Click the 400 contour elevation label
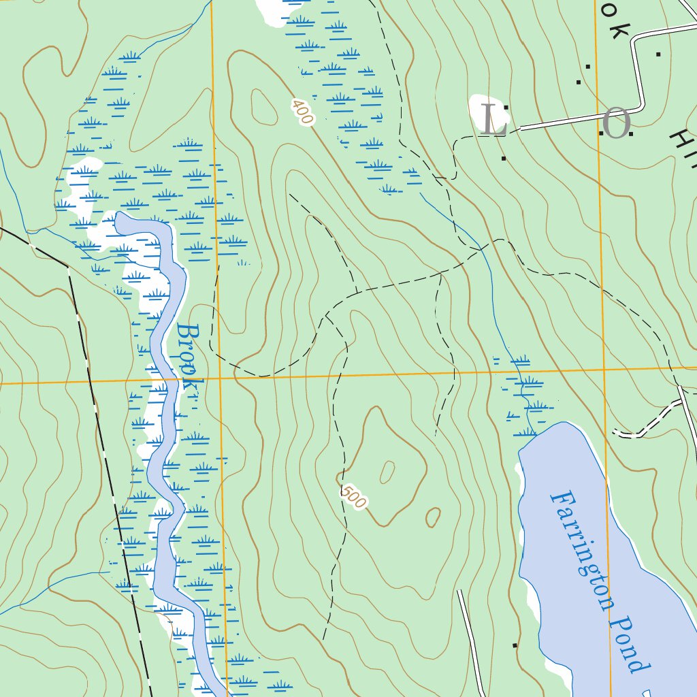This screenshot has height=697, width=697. (302, 112)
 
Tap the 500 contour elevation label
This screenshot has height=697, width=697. (354, 497)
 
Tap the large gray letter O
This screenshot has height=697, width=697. (617, 125)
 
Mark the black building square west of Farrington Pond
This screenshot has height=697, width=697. (515, 645)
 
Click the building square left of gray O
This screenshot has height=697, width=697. (602, 133)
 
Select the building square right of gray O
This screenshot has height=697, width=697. (631, 134)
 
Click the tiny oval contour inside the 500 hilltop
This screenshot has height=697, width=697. (387, 471)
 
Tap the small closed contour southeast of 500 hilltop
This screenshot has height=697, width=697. (433, 517)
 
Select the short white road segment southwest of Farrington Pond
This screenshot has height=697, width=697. (470, 640)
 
